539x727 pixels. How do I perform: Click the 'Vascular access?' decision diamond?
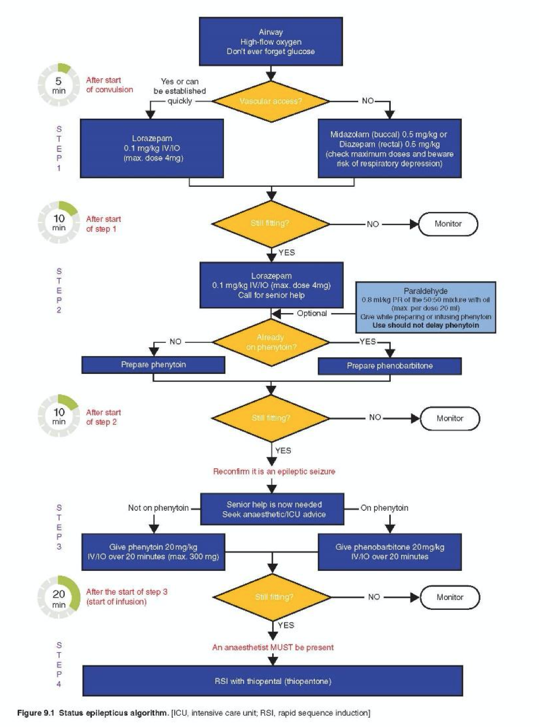(271, 101)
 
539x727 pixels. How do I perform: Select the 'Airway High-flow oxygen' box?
(271, 41)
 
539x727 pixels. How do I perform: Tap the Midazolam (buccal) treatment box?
(389, 149)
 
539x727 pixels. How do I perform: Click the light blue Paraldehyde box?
(425, 307)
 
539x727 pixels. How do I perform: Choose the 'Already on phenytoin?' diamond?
(271, 342)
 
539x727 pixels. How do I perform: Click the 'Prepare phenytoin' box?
(153, 365)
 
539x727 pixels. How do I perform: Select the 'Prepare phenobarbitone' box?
(389, 366)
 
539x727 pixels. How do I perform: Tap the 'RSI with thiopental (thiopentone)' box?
(273, 681)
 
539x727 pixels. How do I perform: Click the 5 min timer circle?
(59, 85)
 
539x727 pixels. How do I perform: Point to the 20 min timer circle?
(59, 597)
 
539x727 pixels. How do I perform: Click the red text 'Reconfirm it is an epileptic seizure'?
(274, 471)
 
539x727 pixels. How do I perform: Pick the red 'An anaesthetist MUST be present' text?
(273, 647)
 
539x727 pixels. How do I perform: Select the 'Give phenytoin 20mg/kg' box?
(153, 552)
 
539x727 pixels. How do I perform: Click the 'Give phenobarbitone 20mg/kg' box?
(389, 552)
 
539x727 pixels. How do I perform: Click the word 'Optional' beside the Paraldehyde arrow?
(311, 313)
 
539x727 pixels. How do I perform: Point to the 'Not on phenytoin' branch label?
(158, 508)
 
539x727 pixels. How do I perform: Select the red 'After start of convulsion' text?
(109, 85)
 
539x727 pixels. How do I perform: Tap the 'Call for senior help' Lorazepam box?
(272, 285)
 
